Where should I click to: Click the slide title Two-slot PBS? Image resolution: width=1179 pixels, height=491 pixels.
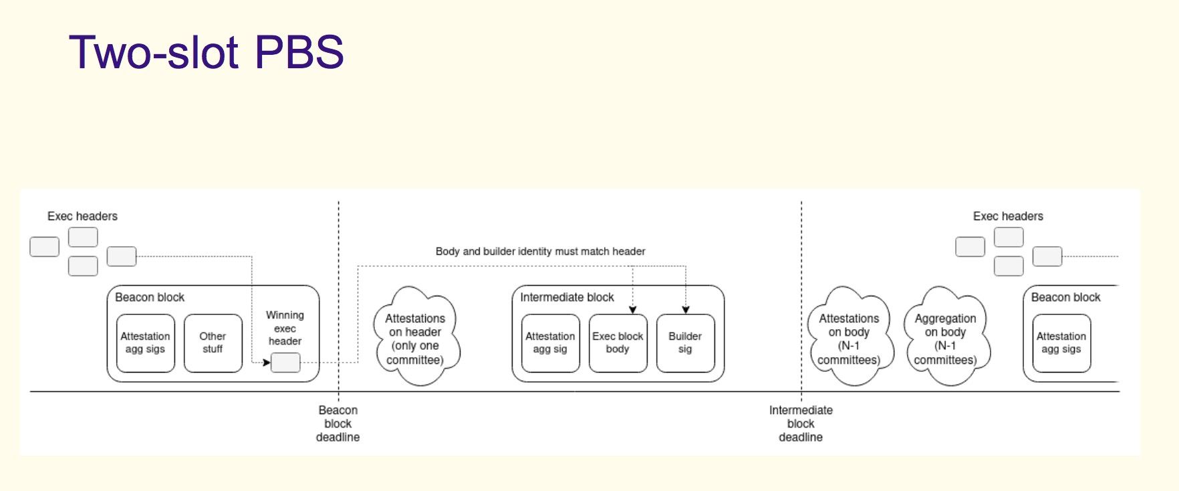click(x=206, y=52)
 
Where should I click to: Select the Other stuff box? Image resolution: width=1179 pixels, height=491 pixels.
click(x=213, y=342)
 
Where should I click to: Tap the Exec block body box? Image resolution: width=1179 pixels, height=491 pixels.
click(x=618, y=342)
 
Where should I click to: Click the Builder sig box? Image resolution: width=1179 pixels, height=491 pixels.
click(x=685, y=342)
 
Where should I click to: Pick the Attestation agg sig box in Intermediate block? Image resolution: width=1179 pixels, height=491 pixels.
click(x=550, y=342)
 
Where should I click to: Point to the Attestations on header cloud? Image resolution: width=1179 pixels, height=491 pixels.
click(x=416, y=336)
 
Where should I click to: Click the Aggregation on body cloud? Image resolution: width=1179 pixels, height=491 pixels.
click(x=946, y=336)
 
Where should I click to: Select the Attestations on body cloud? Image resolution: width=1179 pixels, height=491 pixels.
click(x=849, y=336)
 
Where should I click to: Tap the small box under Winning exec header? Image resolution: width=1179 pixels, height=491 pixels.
click(x=285, y=362)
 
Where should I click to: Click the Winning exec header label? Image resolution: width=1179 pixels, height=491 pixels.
click(x=285, y=328)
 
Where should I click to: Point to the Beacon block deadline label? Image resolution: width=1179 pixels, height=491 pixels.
click(x=338, y=423)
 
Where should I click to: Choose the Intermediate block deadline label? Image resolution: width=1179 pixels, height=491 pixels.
click(x=801, y=423)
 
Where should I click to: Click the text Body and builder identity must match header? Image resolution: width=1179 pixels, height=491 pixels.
click(x=540, y=252)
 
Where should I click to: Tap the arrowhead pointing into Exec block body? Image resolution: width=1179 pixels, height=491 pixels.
click(x=632, y=310)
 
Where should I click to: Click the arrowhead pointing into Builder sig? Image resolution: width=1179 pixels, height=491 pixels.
click(x=685, y=310)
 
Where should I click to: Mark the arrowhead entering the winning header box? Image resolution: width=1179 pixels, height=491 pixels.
click(x=267, y=363)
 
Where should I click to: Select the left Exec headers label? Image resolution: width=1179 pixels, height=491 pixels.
click(x=82, y=216)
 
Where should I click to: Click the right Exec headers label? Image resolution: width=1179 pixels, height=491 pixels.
click(x=1008, y=216)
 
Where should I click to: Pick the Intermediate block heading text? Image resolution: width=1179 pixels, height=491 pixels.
click(x=567, y=297)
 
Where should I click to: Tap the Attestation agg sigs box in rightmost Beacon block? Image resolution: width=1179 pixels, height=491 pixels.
click(x=1061, y=342)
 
